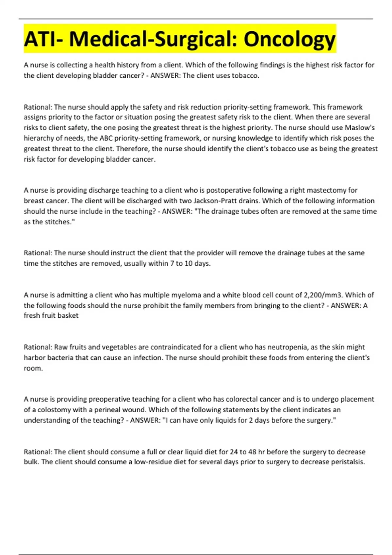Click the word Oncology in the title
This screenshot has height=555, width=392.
(289, 39)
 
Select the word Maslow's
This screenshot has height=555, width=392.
(360, 128)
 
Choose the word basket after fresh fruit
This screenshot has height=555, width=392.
(68, 316)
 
